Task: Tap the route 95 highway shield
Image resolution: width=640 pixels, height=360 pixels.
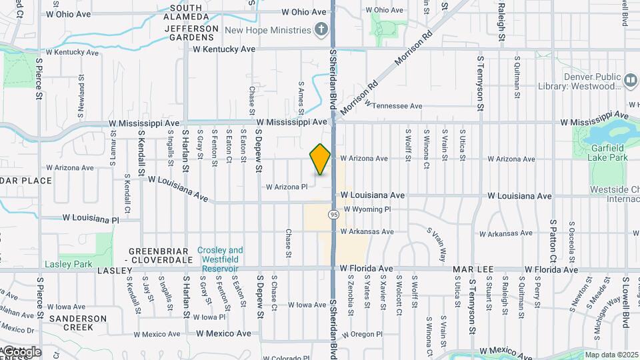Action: pos(332,214)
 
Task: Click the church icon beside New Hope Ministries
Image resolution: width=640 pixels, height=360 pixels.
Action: pos(321,29)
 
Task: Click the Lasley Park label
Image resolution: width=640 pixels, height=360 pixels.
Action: pos(68,265)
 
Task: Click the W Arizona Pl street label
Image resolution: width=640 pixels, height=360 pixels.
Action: pos(287,187)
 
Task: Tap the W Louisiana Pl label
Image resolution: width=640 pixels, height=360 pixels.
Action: pos(91,219)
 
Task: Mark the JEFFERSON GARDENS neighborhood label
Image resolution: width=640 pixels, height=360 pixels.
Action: pos(191,33)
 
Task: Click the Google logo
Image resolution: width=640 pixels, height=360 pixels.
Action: pos(21,351)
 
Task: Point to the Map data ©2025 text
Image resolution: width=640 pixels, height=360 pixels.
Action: pos(612,355)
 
